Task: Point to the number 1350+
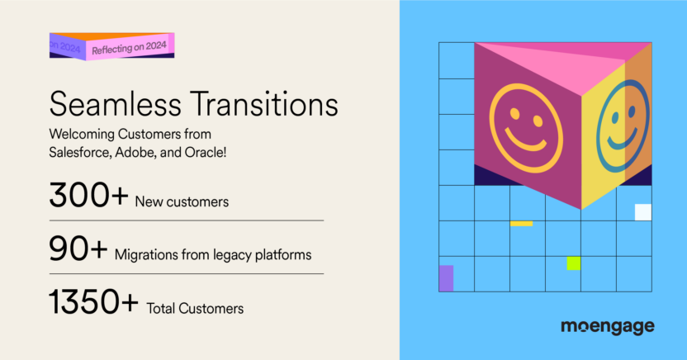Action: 93,304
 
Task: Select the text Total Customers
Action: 195,310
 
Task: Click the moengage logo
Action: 607,327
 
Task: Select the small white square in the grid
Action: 642,212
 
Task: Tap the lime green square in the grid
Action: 573,263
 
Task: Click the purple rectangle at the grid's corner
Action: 446,278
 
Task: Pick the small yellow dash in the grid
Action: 521,223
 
